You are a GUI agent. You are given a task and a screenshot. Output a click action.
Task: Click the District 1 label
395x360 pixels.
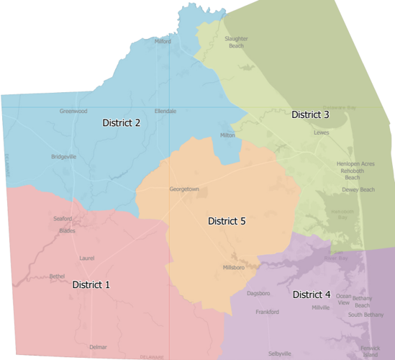pyautogui.click(x=91, y=284)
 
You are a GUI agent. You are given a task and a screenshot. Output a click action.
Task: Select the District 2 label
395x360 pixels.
pyautogui.click(x=121, y=122)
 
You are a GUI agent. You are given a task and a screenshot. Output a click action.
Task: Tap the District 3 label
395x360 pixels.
pyautogui.click(x=310, y=114)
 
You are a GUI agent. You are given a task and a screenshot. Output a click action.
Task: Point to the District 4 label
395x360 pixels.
pyautogui.click(x=312, y=294)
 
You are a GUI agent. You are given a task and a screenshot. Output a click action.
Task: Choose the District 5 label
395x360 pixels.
pyautogui.click(x=227, y=220)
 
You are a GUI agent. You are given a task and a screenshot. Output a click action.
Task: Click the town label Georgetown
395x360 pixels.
pyautogui.click(x=183, y=189)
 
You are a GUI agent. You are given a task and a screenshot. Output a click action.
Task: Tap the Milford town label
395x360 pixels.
pyautogui.click(x=163, y=42)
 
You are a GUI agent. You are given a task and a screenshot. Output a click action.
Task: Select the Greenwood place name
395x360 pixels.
pyautogui.click(x=73, y=111)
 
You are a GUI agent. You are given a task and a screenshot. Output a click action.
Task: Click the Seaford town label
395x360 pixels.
pyautogui.click(x=63, y=218)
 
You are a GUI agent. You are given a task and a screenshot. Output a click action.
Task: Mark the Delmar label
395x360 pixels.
pyautogui.click(x=98, y=347)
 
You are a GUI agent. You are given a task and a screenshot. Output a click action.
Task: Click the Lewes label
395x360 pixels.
pyautogui.click(x=321, y=133)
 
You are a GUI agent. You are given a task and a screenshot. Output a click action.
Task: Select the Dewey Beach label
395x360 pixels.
pyautogui.click(x=358, y=189)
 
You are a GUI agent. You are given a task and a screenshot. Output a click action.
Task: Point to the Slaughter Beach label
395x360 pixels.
pyautogui.click(x=235, y=42)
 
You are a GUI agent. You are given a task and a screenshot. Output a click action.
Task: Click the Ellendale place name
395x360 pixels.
pyautogui.click(x=165, y=111)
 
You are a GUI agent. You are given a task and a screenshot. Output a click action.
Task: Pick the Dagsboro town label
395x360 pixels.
pyautogui.click(x=258, y=293)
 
